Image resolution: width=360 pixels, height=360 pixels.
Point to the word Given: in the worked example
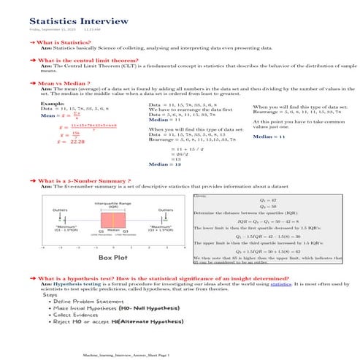pyautogui.click(x=202, y=196)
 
